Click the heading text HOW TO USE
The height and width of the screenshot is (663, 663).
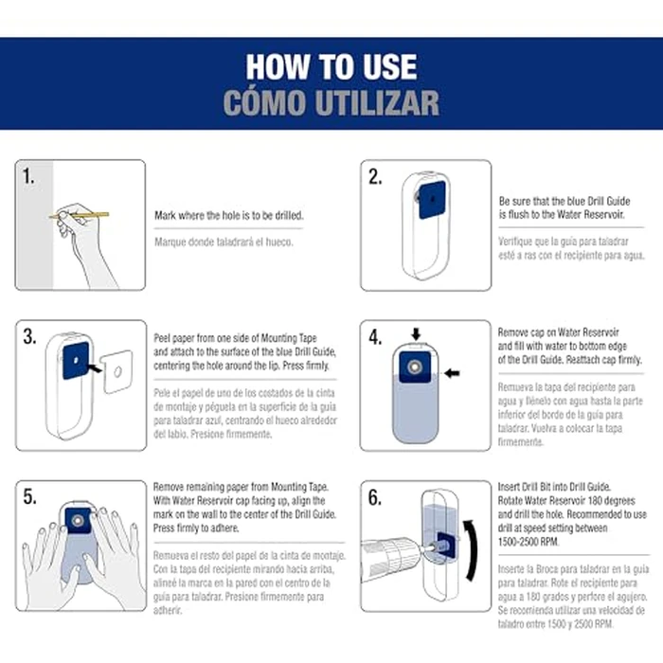[331, 67]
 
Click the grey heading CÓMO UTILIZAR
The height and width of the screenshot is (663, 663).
[331, 102]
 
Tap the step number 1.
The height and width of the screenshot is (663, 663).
[28, 176]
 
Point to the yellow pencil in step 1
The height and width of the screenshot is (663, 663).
[79, 216]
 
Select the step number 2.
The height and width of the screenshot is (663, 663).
[375, 177]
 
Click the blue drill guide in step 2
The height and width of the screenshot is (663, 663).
[432, 200]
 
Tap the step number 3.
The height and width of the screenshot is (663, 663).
[29, 337]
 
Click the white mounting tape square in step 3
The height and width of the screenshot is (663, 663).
[117, 371]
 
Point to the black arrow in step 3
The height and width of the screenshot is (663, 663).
[94, 367]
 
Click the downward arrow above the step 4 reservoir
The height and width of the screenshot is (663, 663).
[416, 334]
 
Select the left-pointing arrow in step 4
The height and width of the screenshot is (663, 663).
[453, 373]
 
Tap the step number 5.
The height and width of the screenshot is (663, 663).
[29, 497]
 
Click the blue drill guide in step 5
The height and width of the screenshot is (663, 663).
[78, 521]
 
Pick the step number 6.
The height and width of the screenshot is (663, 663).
[375, 497]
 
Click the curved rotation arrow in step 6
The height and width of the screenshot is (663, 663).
[471, 550]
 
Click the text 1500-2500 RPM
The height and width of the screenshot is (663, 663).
[529, 542]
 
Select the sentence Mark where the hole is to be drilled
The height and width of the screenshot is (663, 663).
[229, 216]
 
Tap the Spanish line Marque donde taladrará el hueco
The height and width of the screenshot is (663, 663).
[224, 242]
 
